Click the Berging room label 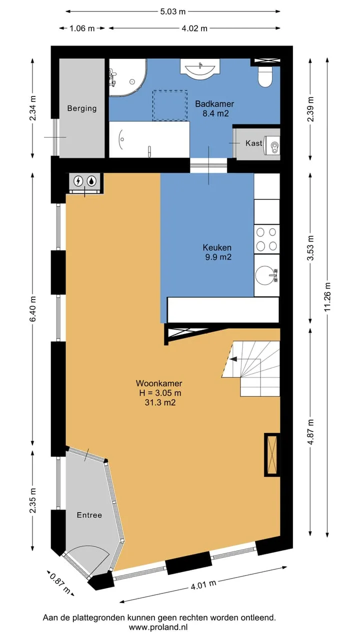tap(81, 108)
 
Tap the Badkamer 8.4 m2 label tap(215, 108)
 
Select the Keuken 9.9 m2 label tap(217, 252)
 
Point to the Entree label tap(89, 515)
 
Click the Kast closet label tap(253, 143)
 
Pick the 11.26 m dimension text tap(327, 297)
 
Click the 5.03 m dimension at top tap(172, 11)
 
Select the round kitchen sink tap(265, 275)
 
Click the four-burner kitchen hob tap(266, 239)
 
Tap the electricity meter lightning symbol tap(78, 181)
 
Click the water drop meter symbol tap(91, 181)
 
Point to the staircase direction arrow tap(245, 359)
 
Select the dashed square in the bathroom tap(170, 105)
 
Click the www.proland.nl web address tap(158, 627)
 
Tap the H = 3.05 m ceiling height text tap(160, 393)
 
